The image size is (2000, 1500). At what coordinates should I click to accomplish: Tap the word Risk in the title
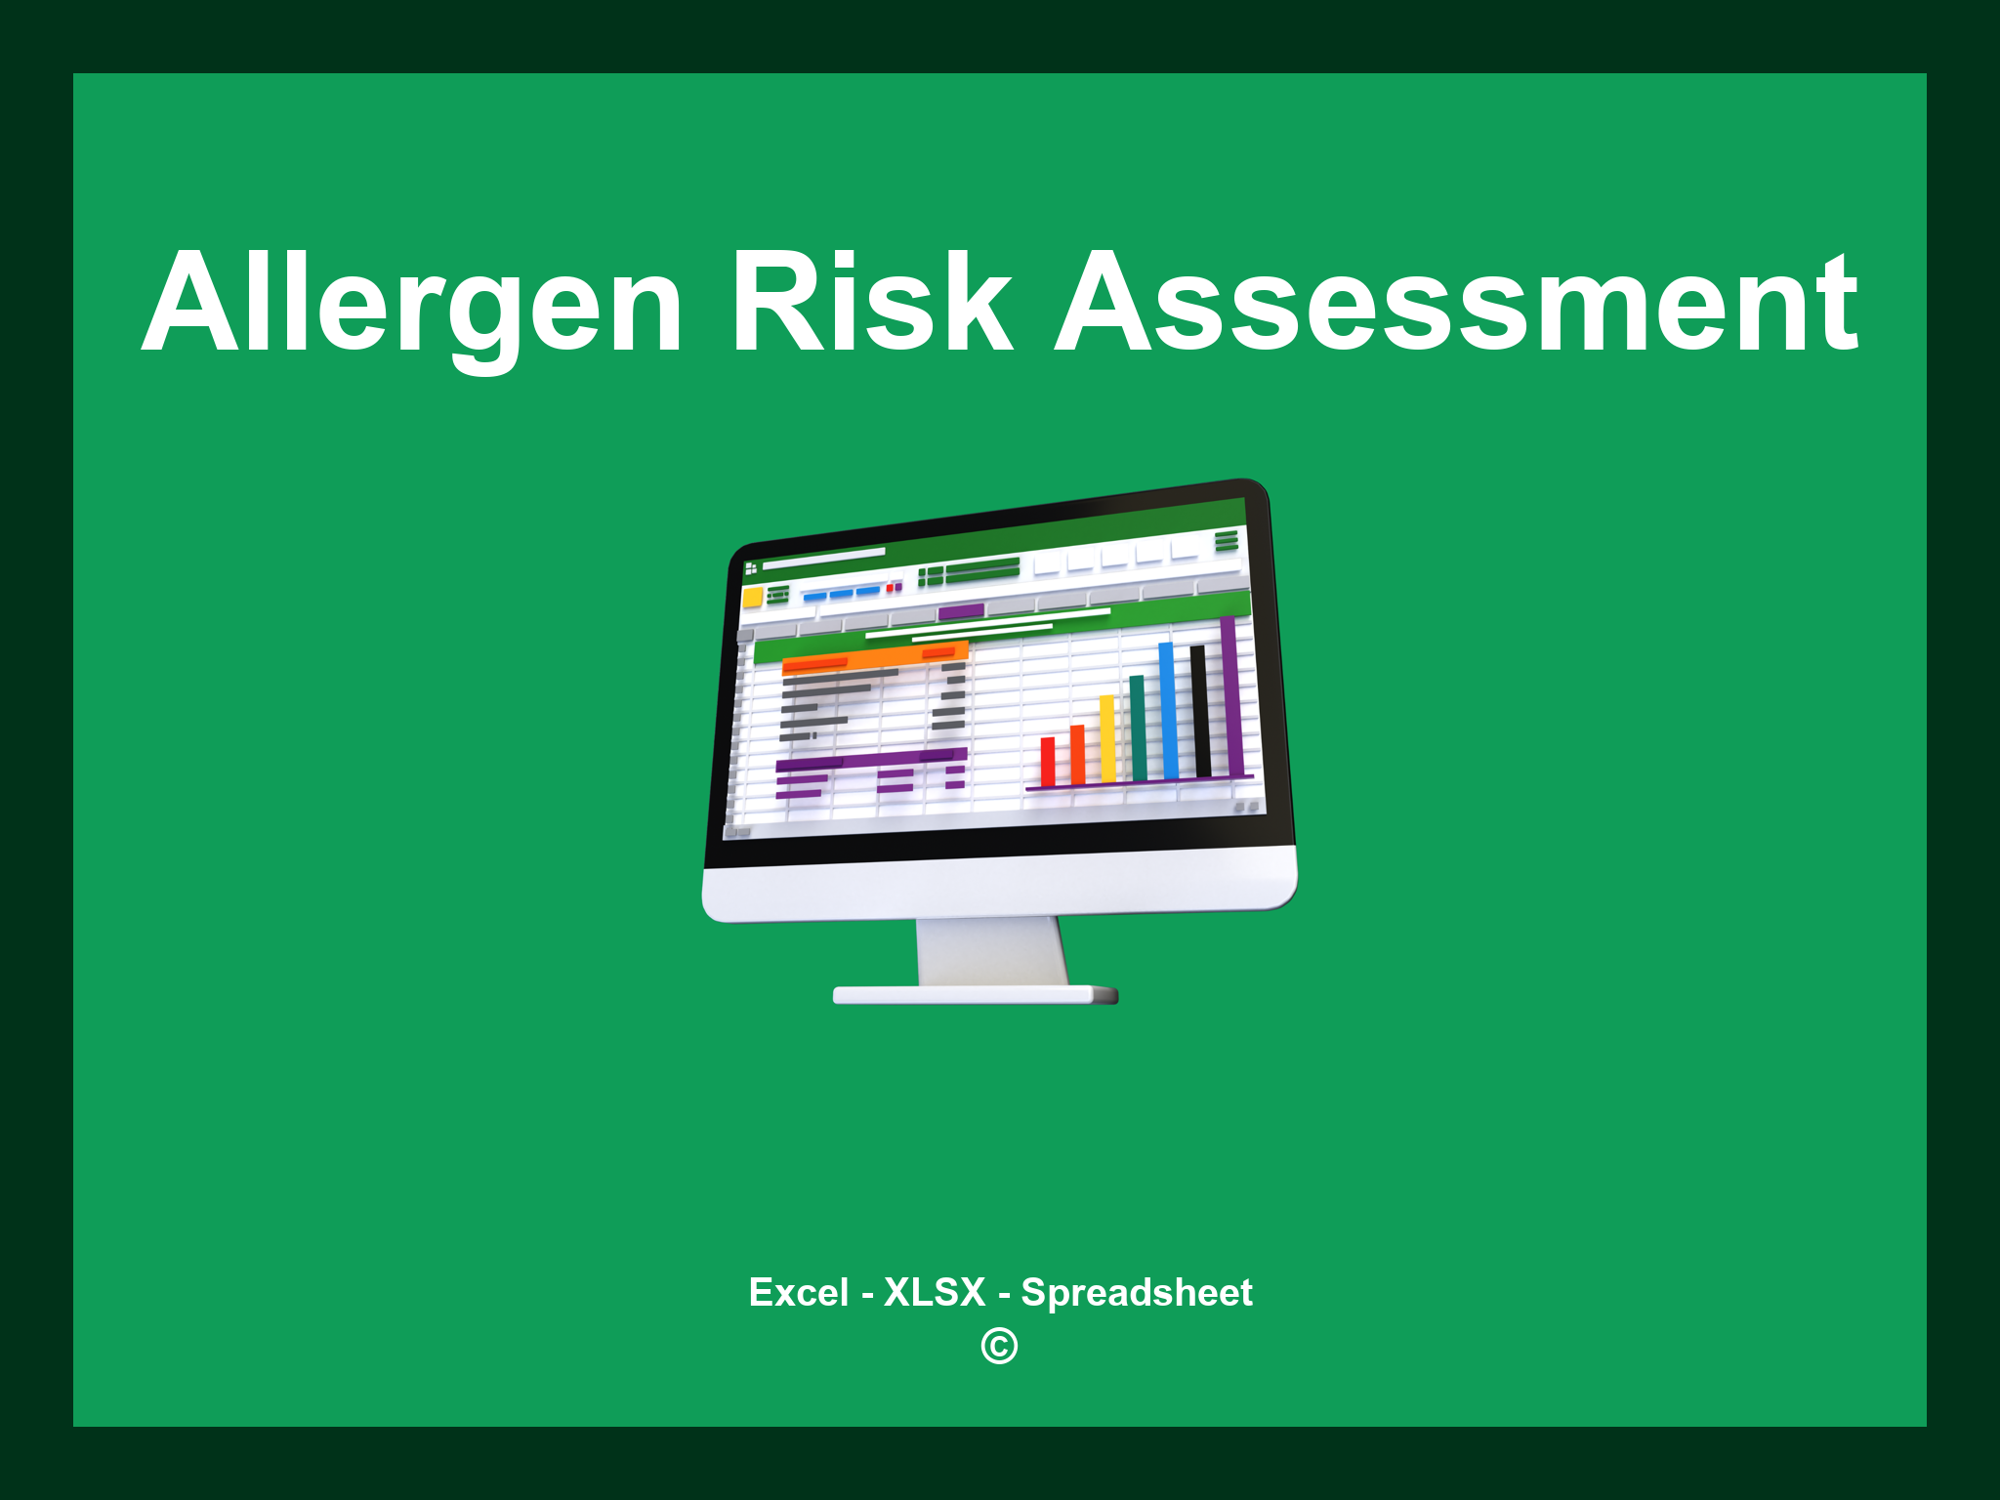[872, 303]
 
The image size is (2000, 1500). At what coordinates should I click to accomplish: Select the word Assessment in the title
[1457, 303]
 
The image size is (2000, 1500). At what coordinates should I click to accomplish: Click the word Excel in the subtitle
[798, 1292]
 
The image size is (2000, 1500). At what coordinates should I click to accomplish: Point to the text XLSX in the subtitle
[935, 1292]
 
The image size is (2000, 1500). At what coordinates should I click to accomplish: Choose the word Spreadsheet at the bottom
[1137, 1292]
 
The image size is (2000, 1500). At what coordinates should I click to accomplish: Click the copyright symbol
[999, 1346]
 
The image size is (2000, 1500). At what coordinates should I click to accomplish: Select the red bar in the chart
[1048, 762]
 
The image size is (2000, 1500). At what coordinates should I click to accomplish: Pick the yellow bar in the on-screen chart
[1107, 739]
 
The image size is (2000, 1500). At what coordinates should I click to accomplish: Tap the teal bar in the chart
[1138, 728]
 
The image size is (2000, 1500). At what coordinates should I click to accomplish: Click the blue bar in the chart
[1168, 710]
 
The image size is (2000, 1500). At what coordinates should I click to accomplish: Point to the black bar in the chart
[1199, 710]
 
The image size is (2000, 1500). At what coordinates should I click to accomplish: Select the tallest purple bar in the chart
[1231, 695]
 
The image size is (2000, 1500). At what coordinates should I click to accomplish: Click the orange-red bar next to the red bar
[1077, 754]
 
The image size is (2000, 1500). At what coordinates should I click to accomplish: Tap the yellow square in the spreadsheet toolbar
[752, 597]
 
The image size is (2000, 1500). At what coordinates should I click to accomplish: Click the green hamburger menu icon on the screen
[1227, 540]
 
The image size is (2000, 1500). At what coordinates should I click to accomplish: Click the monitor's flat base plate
[975, 995]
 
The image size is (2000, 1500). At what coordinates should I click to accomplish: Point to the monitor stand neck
[991, 951]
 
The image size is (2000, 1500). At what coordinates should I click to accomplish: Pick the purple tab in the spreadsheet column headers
[961, 612]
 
